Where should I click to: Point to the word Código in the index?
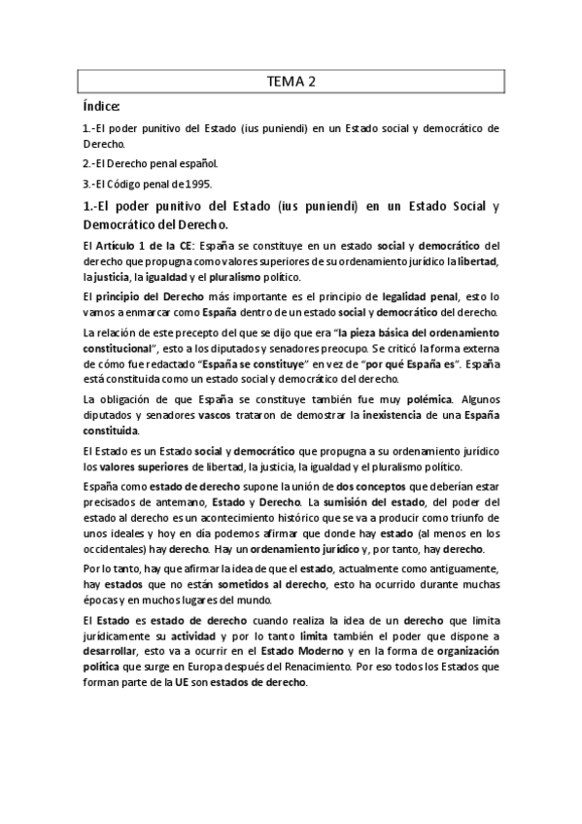tap(130, 185)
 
